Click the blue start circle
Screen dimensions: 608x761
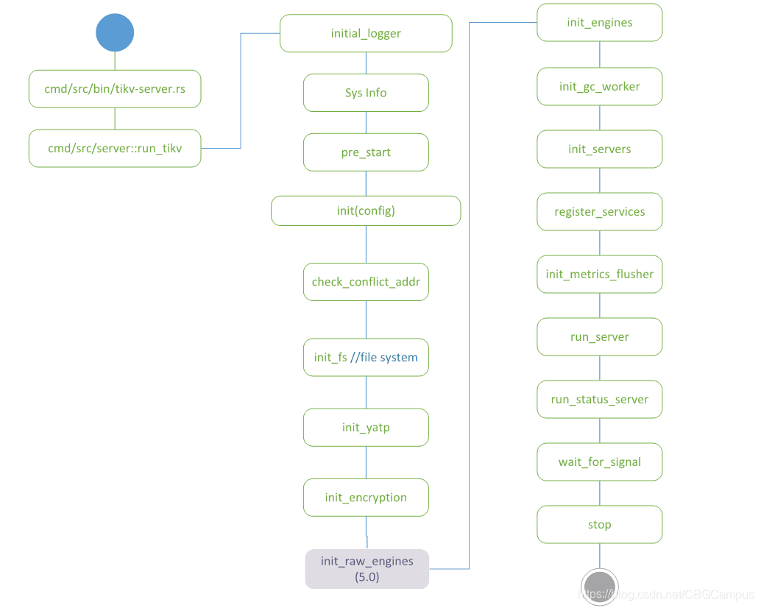115,32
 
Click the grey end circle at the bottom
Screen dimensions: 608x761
599,587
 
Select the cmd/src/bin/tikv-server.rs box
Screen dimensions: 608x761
115,89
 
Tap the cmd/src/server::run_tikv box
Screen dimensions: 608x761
115,148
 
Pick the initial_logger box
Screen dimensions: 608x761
366,33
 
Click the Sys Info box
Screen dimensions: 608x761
366,93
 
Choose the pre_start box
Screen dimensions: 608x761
366,152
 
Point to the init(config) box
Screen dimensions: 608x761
366,211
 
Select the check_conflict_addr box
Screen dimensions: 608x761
366,282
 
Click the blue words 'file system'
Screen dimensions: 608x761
389,358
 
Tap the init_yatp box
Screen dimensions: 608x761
366,428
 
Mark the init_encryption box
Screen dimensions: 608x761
366,498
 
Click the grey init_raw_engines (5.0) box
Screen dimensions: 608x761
367,569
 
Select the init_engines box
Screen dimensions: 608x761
599,22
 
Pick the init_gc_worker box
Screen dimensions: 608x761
599,87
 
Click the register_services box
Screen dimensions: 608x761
599,212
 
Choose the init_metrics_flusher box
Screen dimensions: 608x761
599,275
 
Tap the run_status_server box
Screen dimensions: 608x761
599,400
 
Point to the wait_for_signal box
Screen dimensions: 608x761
599,462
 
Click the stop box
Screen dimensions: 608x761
599,525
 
